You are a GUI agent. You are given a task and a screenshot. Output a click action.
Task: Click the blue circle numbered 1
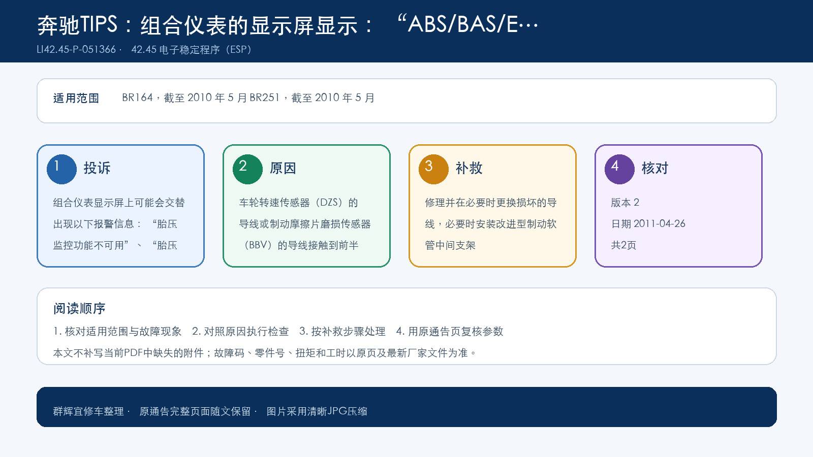coord(61,169)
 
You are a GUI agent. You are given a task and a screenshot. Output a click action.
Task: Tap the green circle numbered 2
coord(247,169)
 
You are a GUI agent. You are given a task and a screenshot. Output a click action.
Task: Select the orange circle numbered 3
coord(433,169)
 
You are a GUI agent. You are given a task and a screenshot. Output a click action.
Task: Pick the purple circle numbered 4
coord(619,169)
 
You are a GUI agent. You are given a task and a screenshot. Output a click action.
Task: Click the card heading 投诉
coord(97,168)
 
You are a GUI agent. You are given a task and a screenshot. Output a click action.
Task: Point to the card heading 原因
coord(283,168)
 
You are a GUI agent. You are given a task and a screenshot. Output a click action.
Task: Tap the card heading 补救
coord(469,168)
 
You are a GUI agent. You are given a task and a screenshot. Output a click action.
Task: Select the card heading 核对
coord(655,168)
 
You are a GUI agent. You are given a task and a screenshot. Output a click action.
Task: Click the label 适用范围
coord(76,98)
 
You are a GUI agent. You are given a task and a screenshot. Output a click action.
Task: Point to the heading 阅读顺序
coord(79,309)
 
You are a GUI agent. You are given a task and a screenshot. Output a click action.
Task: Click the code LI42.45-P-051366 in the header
coord(76,49)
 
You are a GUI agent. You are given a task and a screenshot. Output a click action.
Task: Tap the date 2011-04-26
coord(659,223)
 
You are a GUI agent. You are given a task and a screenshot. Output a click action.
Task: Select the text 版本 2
coord(625,203)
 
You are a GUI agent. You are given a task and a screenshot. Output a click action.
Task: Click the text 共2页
coord(623,245)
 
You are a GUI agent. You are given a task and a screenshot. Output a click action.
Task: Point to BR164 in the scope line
coord(137,97)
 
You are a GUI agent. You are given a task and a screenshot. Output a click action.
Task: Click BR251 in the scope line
coord(265,97)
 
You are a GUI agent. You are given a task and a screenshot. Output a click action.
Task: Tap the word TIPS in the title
coord(99,24)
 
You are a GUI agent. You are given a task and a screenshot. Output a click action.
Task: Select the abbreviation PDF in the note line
coord(133,352)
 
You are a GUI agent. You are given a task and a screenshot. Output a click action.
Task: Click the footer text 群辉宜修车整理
coord(88,411)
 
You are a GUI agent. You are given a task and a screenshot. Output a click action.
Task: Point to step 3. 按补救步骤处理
coord(342,331)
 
